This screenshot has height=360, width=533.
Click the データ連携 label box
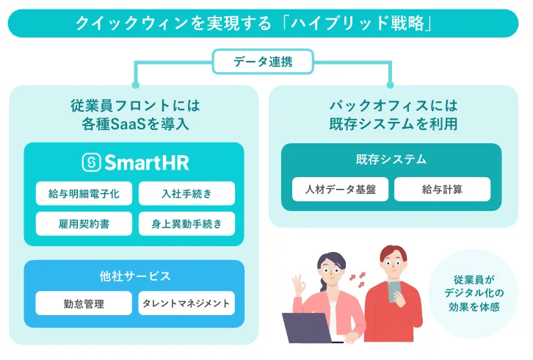tap(262, 62)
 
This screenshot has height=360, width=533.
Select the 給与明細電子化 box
tap(84, 194)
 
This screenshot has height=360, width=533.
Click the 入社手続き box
tap(186, 194)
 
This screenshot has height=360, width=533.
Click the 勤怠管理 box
tap(84, 303)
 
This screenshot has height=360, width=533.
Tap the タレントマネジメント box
tap(186, 303)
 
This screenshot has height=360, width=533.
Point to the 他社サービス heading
tap(134, 276)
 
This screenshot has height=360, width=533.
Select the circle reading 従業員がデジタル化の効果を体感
tap(474, 293)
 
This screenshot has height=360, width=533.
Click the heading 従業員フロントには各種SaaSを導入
tap(134, 113)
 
